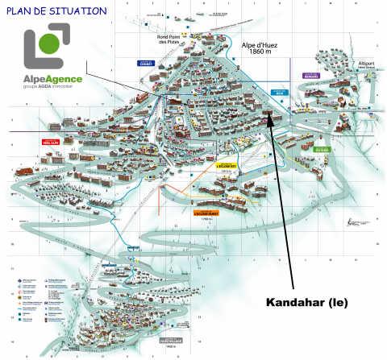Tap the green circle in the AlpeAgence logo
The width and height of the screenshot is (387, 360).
[49, 42]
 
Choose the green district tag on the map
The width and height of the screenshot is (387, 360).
[322, 149]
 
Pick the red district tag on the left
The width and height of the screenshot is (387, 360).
[50, 142]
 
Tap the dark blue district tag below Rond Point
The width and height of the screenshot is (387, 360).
[168, 64]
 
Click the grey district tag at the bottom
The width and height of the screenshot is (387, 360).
[170, 341]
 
